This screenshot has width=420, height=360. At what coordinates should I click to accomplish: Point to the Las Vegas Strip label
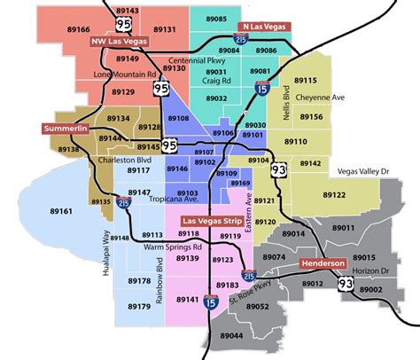pos(214,219)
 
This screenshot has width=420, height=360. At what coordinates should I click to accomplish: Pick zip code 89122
pos(335,193)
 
